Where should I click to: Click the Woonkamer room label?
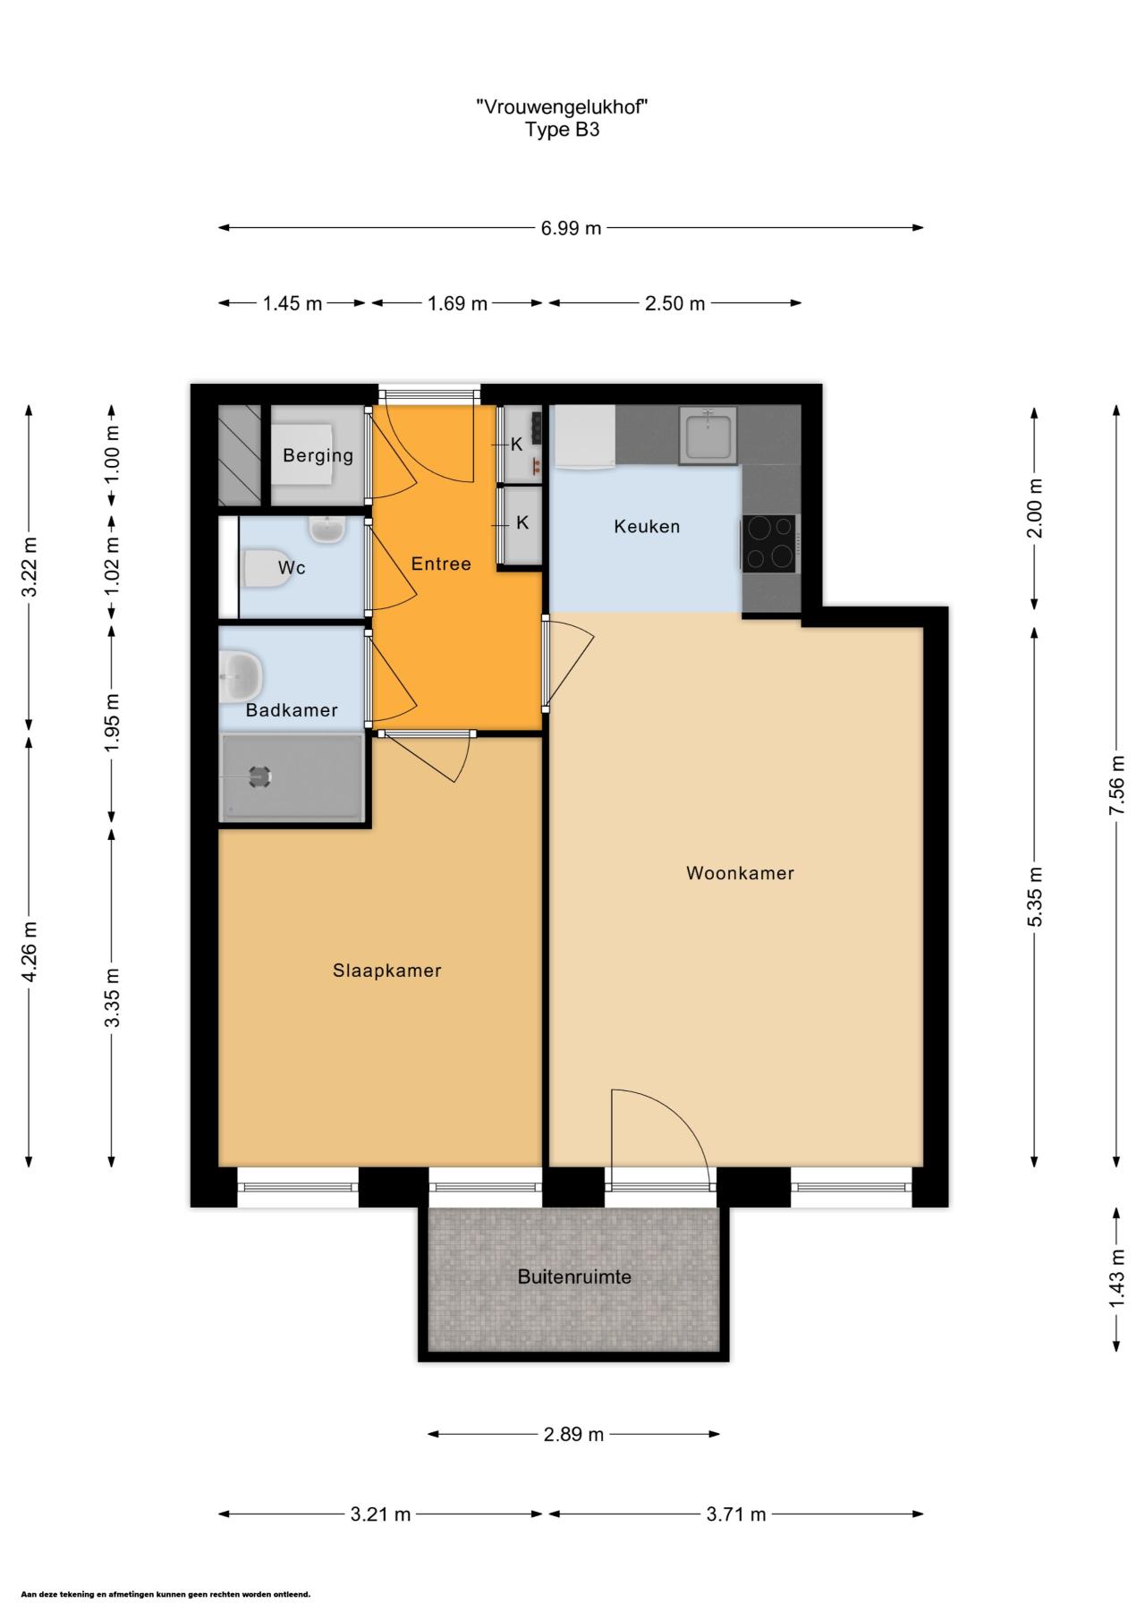pyautogui.click(x=740, y=873)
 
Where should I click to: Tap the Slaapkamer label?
pyautogui.click(x=387, y=971)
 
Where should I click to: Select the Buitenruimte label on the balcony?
pyautogui.click(x=574, y=1276)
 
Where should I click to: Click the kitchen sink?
pyautogui.click(x=708, y=436)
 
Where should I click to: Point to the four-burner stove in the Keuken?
pyautogui.click(x=768, y=543)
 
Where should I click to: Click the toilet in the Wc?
pyautogui.click(x=267, y=568)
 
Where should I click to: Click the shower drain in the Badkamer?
pyautogui.click(x=259, y=776)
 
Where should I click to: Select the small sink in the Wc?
pyautogui.click(x=327, y=530)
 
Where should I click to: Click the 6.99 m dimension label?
pyautogui.click(x=571, y=228)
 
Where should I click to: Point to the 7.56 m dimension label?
pyautogui.click(x=1116, y=785)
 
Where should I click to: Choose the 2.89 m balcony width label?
pyautogui.click(x=574, y=1435)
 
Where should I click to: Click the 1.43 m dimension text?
pyautogui.click(x=1116, y=1277)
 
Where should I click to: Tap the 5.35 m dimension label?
pyautogui.click(x=1035, y=898)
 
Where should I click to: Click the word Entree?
pyautogui.click(x=441, y=564)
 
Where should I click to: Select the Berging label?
pyautogui.click(x=318, y=455)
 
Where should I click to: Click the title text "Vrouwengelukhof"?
pyautogui.click(x=562, y=106)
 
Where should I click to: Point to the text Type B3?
pyautogui.click(x=562, y=130)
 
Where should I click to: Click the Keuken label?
pyautogui.click(x=647, y=526)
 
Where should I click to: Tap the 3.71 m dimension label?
pyautogui.click(x=736, y=1514)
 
